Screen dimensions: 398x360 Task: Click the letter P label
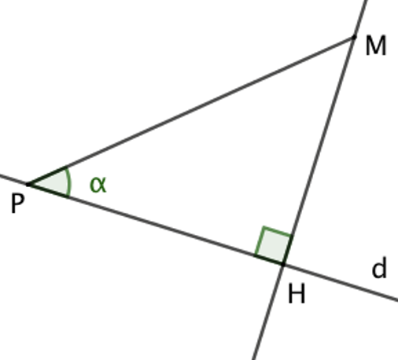pyautogui.click(x=18, y=204)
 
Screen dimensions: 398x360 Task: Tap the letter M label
pyautogui.click(x=376, y=46)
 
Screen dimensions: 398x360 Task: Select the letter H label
pyautogui.click(x=297, y=293)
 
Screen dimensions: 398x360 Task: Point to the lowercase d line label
pyautogui.click(x=379, y=267)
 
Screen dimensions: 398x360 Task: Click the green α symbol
pyautogui.click(x=98, y=185)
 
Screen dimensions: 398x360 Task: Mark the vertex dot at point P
pyautogui.click(x=28, y=185)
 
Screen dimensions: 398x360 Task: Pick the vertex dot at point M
pyautogui.click(x=354, y=37)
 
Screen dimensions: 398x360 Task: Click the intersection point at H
pyautogui.click(x=283, y=265)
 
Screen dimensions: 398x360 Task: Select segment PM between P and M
pyautogui.click(x=191, y=111)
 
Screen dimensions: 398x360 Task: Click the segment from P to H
pyautogui.click(x=156, y=225)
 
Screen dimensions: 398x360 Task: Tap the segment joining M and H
pyautogui.click(x=319, y=151)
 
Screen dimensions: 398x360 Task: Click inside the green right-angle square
pyautogui.click(x=273, y=245)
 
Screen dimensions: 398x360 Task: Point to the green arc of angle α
pyautogui.click(x=70, y=182)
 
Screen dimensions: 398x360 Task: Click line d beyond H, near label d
pyautogui.click(x=341, y=283)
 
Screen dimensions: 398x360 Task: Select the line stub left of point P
pyautogui.click(x=14, y=180)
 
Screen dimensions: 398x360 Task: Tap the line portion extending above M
pyautogui.click(x=359, y=18)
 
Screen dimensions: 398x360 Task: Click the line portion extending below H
pyautogui.click(x=268, y=312)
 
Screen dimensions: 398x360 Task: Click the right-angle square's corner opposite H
pyautogui.click(x=264, y=227)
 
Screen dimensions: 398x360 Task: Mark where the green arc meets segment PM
pyautogui.click(x=65, y=167)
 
